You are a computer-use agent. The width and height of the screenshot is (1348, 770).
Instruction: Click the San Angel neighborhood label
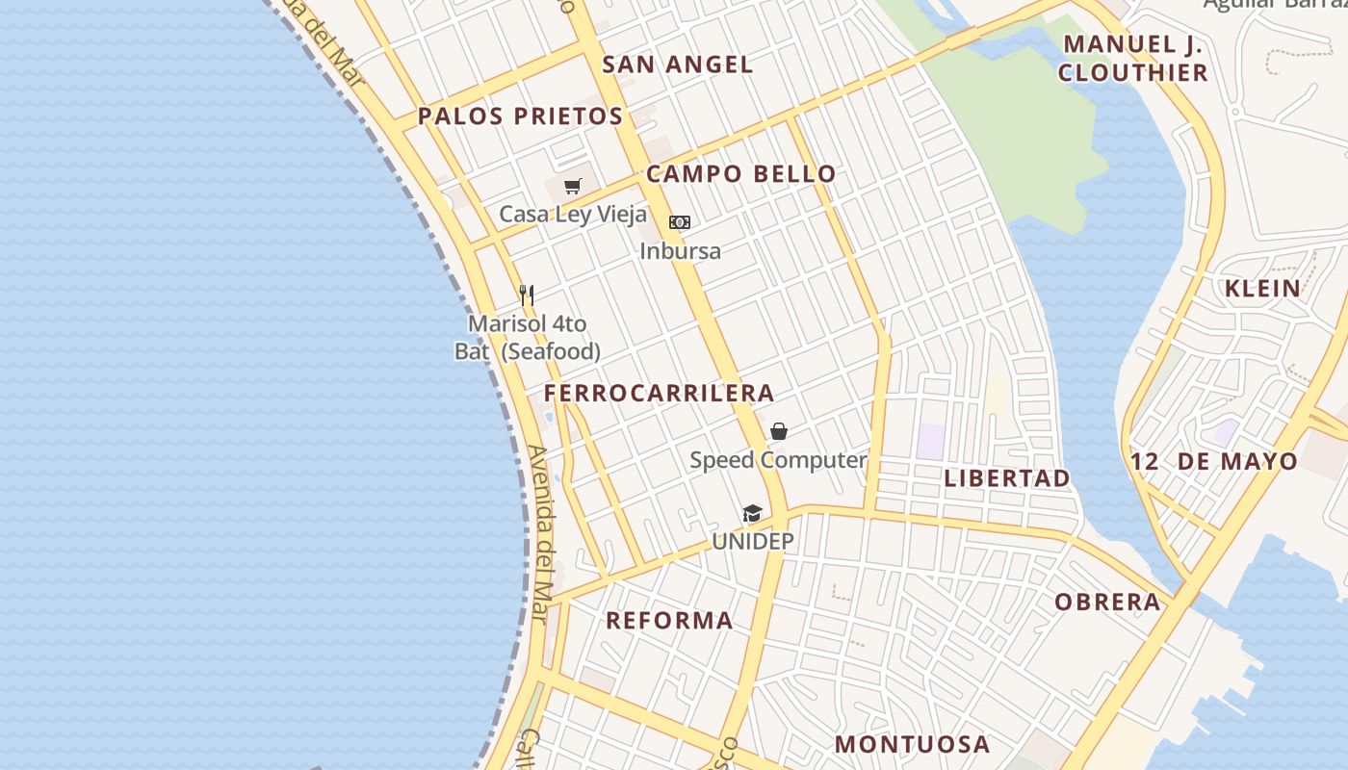point(677,64)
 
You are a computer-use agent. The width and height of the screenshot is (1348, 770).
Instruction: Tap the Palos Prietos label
point(520,116)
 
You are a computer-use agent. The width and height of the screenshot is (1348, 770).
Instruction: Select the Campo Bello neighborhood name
point(740,174)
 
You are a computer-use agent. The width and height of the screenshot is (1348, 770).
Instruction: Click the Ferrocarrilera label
point(659,393)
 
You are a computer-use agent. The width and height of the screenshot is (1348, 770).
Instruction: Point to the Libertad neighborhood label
point(1006,478)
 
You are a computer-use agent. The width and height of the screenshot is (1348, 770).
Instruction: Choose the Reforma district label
point(669,621)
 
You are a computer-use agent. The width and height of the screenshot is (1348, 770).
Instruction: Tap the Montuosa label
point(912,744)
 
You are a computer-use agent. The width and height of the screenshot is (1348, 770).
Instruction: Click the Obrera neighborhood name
point(1107,603)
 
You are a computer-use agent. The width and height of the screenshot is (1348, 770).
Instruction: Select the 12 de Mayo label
point(1213,461)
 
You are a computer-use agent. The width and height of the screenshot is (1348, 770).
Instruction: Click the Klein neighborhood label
point(1261,288)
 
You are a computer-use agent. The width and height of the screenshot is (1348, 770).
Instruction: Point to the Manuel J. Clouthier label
point(1133,58)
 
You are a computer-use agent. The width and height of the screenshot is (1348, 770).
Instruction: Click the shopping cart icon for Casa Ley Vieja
point(573,186)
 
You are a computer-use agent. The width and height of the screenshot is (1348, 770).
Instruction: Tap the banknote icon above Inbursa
point(680,222)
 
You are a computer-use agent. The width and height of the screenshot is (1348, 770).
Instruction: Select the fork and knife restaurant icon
point(527,295)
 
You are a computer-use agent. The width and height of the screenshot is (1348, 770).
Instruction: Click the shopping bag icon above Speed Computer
point(779,431)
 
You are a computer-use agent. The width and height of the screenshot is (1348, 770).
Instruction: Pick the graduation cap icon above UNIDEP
point(752,514)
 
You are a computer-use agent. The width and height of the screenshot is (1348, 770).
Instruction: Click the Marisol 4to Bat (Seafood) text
point(528,337)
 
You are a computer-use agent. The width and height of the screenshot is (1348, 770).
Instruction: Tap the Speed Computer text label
point(778,460)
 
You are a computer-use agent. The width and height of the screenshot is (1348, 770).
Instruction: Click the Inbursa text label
point(680,251)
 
